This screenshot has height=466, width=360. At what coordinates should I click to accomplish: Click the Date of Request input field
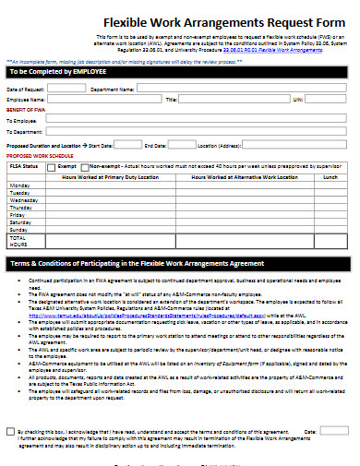click(66, 88)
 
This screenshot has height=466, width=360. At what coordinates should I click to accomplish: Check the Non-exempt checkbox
click(84, 167)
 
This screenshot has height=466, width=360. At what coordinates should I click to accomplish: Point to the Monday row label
click(19, 185)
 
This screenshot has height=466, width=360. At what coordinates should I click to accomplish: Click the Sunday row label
click(19, 229)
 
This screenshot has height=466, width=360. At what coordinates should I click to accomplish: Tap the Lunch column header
click(330, 175)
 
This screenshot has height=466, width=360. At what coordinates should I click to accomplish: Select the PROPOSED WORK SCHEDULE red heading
click(39, 157)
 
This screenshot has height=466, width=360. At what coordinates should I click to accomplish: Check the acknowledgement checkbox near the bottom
click(10, 431)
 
